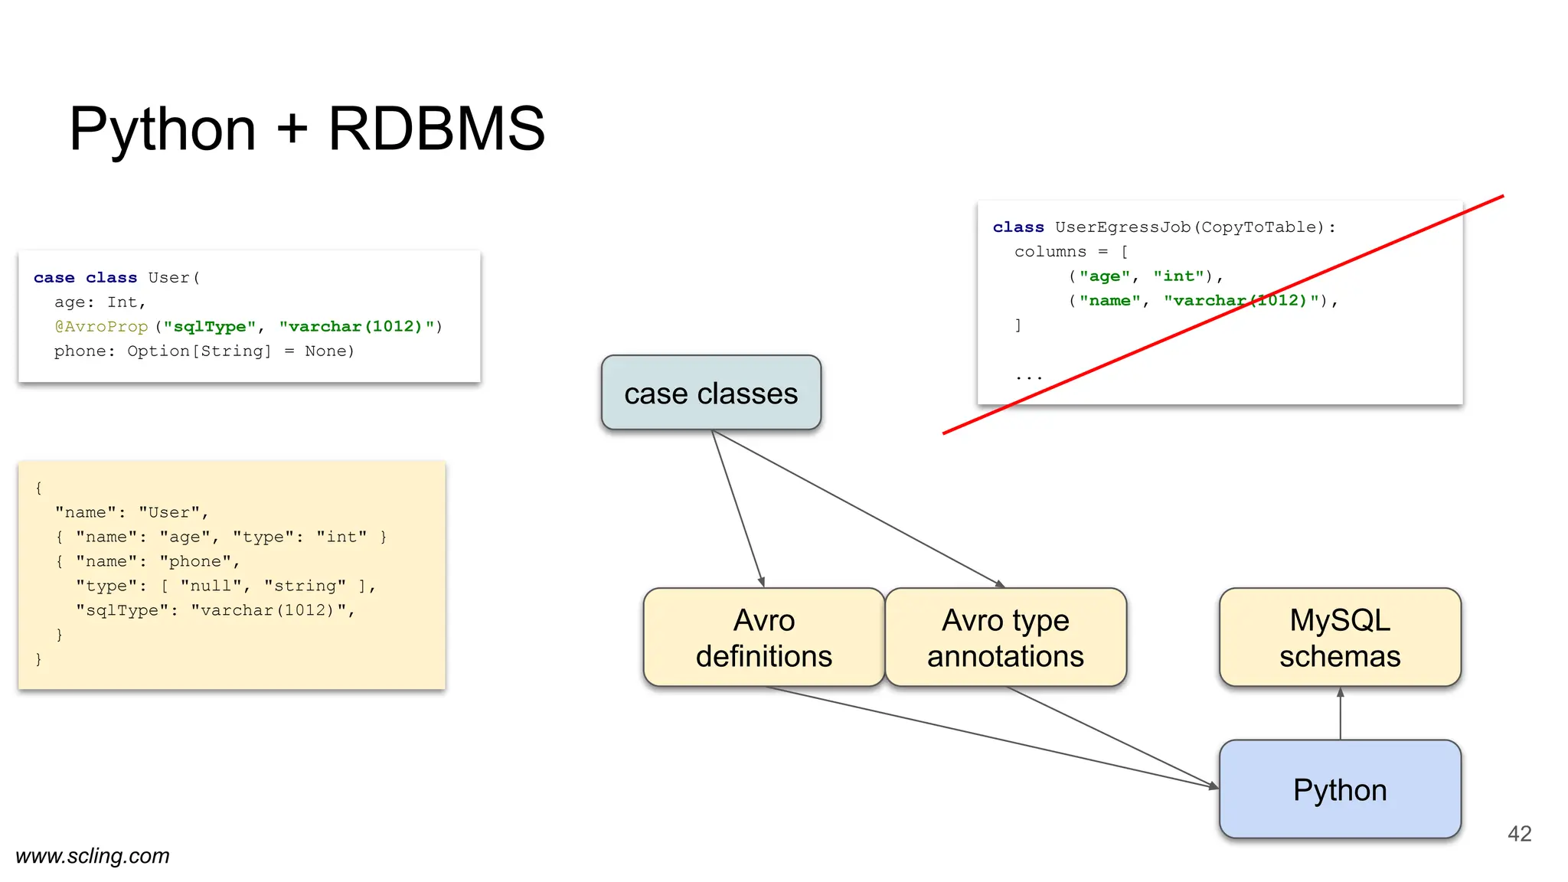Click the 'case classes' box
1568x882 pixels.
[710, 393]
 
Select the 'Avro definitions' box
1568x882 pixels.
[763, 637]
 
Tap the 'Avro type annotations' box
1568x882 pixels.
[1005, 637]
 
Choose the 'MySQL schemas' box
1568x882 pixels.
[1340, 637]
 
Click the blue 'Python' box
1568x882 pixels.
[1340, 789]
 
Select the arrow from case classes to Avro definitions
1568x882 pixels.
[738, 508]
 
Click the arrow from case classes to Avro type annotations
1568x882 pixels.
[857, 508]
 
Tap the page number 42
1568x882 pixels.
[1519, 834]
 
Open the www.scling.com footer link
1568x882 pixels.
[93, 855]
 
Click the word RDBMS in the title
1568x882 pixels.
[436, 129]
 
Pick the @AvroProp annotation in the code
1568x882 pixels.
[101, 327]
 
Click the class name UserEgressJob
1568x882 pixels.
[1122, 227]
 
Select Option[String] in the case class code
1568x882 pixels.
[199, 351]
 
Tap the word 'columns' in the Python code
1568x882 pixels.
[1050, 252]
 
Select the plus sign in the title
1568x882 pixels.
[292, 129]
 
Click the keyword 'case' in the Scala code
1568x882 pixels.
[54, 278]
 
